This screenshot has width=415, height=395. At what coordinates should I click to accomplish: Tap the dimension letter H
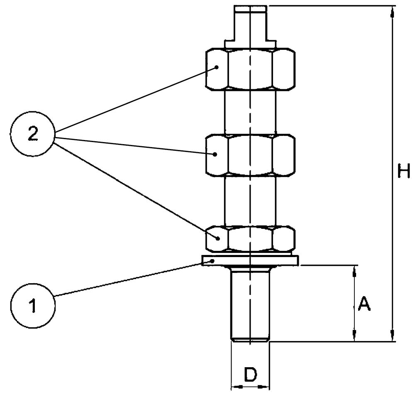point(403,171)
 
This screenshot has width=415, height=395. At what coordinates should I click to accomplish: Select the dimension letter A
point(364,305)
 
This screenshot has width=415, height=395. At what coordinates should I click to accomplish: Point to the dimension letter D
point(250,375)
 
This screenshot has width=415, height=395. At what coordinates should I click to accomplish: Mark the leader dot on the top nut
point(217,67)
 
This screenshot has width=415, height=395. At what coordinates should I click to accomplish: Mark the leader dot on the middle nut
point(215,154)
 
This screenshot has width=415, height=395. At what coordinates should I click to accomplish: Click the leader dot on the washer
point(212,261)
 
